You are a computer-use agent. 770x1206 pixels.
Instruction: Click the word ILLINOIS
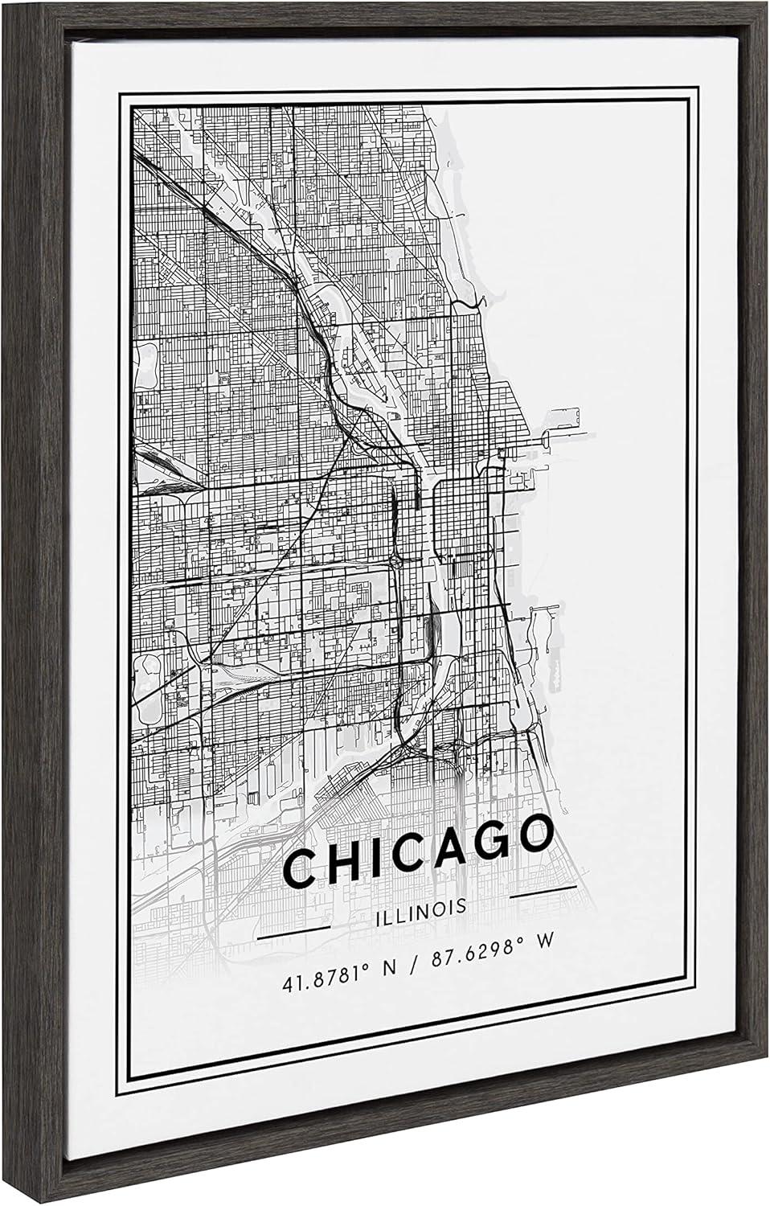[420, 907]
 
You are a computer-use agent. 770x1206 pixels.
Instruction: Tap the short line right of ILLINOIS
[544, 888]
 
